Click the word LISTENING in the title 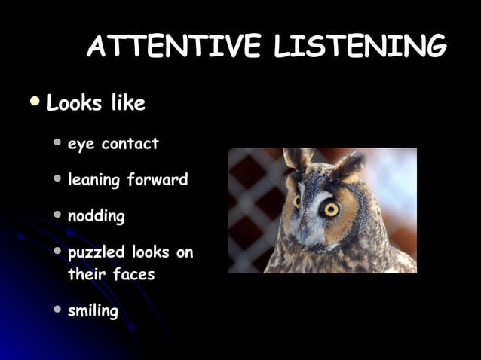pyautogui.click(x=360, y=48)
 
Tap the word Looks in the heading pyautogui.click(x=75, y=103)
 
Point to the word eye pyautogui.click(x=81, y=145)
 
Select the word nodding pyautogui.click(x=97, y=217)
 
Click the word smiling pyautogui.click(x=93, y=310)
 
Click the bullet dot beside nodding pyautogui.click(x=59, y=215)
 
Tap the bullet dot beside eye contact pyautogui.click(x=59, y=142)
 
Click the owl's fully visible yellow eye pyautogui.click(x=330, y=209)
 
